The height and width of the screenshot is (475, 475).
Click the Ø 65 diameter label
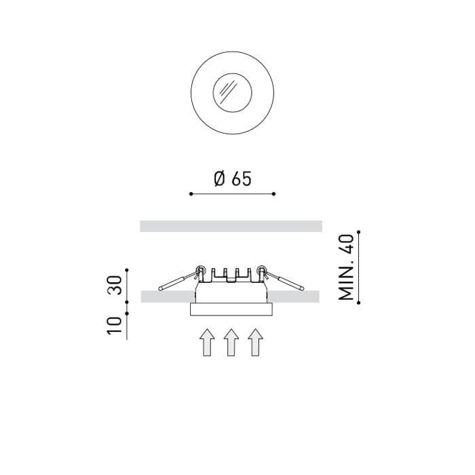(x=232, y=178)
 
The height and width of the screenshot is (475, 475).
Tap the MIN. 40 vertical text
(x=346, y=268)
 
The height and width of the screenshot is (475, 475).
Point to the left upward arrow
(x=206, y=342)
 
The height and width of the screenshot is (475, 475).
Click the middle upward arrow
(x=231, y=342)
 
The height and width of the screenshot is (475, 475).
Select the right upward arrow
(x=255, y=342)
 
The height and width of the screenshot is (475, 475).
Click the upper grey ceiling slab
(x=231, y=226)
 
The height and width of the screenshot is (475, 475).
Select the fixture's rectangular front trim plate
(x=231, y=309)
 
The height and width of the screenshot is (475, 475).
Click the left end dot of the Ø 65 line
(x=191, y=194)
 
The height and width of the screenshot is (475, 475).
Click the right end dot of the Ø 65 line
(x=273, y=194)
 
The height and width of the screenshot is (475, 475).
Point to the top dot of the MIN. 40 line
(x=358, y=233)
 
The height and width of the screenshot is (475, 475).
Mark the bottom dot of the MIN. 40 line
(x=358, y=302)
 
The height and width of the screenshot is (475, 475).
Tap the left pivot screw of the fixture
(x=200, y=270)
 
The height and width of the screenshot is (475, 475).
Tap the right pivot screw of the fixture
(x=261, y=270)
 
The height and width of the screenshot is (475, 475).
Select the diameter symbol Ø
(x=218, y=178)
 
